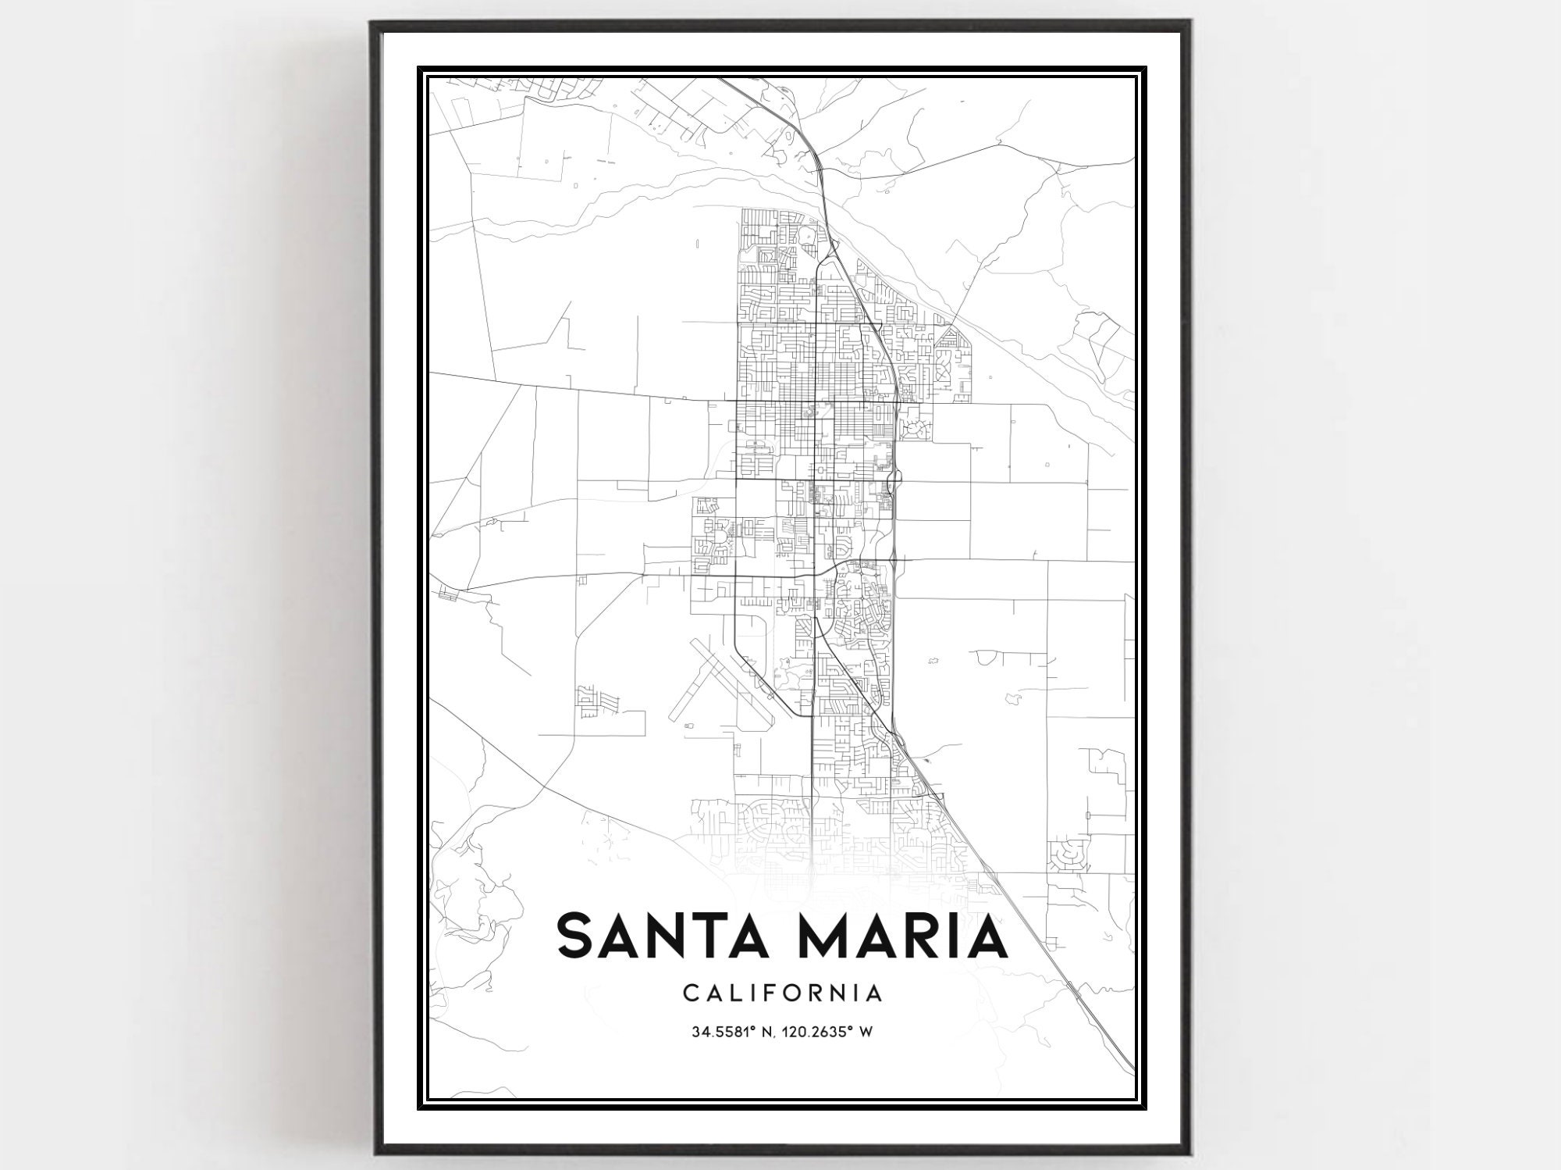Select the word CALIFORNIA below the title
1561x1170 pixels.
(782, 993)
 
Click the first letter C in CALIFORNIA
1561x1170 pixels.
(691, 993)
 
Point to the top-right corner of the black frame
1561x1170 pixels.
(1191, 23)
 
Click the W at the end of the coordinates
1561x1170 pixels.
(864, 1032)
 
